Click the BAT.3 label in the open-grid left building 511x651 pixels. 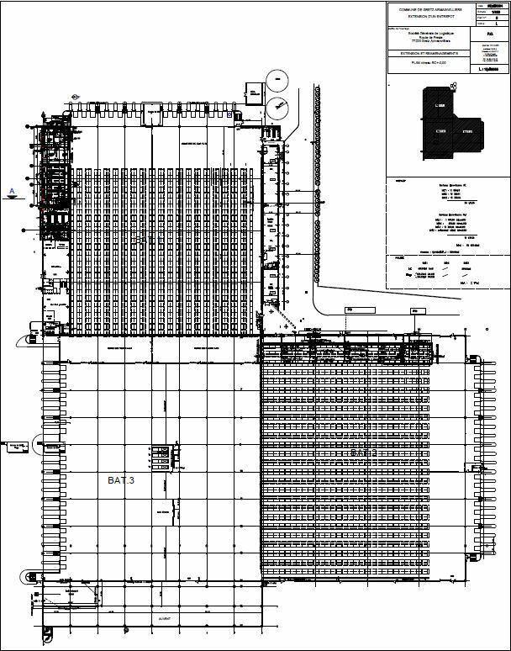(120, 479)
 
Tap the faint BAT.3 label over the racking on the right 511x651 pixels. (362, 453)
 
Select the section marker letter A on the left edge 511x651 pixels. (11, 192)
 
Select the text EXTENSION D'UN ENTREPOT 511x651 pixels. (429, 18)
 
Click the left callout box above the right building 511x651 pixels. (348, 310)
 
